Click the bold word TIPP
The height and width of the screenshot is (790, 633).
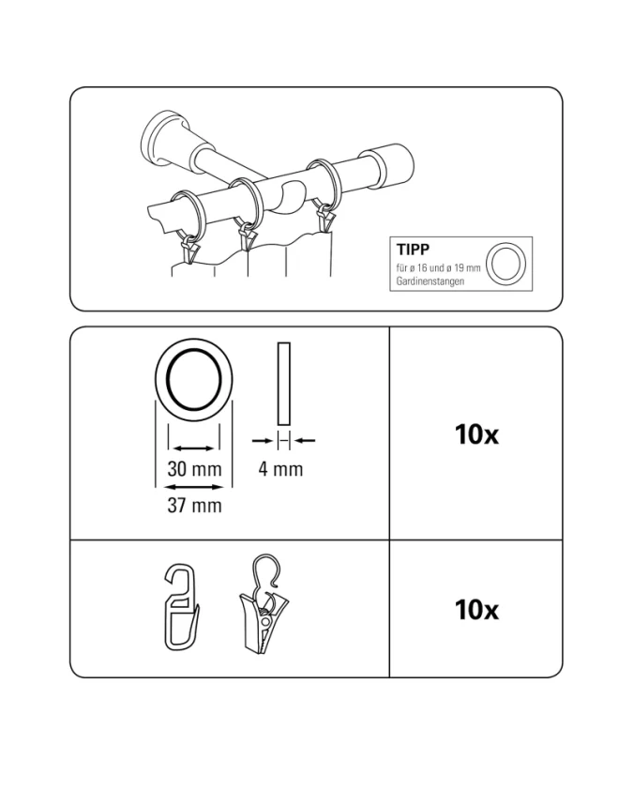coord(413,250)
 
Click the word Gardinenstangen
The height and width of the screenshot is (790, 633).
coord(430,281)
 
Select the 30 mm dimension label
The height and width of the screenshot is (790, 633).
coord(194,469)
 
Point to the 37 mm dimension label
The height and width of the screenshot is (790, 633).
coord(194,505)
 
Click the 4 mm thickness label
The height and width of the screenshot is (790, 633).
coord(280,469)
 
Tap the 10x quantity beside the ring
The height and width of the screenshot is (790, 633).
coord(476,434)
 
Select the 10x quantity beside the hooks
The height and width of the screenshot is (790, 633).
coord(476,610)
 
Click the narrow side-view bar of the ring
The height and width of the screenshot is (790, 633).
coord(283,384)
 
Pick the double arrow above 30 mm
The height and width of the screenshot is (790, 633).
coord(194,448)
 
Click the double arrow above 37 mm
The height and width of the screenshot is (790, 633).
coord(194,487)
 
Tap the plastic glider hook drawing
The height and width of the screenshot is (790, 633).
coord(181,607)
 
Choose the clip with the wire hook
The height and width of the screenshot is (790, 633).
coord(264,604)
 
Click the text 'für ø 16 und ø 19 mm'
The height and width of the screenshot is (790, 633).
coord(438,267)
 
